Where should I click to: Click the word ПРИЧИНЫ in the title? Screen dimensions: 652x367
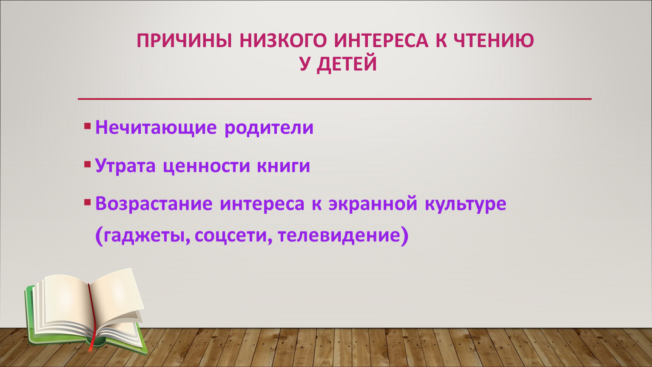(185, 41)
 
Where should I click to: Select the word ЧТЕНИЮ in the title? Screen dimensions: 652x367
(493, 41)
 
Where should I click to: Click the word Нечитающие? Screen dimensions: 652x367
(156, 128)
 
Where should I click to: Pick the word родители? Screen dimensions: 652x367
(269, 128)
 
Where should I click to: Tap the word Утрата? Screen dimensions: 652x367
(125, 166)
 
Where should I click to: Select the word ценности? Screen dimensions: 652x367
(206, 167)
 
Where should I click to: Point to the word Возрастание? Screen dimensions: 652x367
(154, 204)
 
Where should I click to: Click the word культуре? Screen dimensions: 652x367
(465, 205)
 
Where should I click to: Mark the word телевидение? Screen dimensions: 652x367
(339, 236)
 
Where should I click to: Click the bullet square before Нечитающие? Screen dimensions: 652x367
(88, 126)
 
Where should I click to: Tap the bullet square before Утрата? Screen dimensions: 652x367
(88, 164)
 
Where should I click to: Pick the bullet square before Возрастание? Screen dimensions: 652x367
(88, 203)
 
